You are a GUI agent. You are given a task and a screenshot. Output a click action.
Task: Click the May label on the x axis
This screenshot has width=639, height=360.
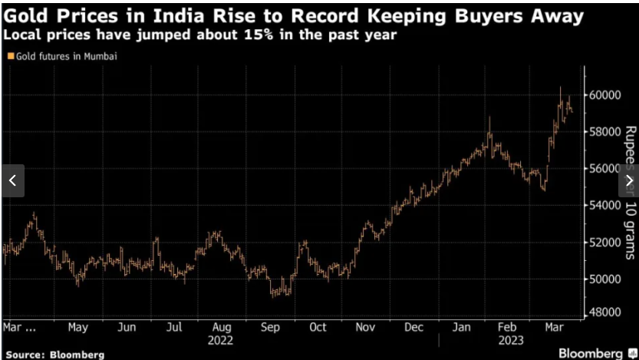tap(77, 327)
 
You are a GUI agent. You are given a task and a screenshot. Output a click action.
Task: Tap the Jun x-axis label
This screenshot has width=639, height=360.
tap(127, 327)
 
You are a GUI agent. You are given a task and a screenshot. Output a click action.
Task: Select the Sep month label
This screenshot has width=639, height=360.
tap(269, 327)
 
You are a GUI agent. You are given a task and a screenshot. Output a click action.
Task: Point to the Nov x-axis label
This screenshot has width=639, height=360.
tap(366, 327)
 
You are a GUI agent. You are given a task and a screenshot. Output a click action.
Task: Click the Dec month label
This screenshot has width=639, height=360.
tap(413, 327)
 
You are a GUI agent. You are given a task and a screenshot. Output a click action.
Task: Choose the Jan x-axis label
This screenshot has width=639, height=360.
tap(461, 327)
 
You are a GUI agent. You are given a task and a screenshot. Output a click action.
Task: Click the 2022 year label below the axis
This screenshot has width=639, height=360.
tap(221, 340)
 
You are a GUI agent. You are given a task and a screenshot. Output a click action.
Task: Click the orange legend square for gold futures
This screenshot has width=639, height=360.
tap(9, 56)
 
